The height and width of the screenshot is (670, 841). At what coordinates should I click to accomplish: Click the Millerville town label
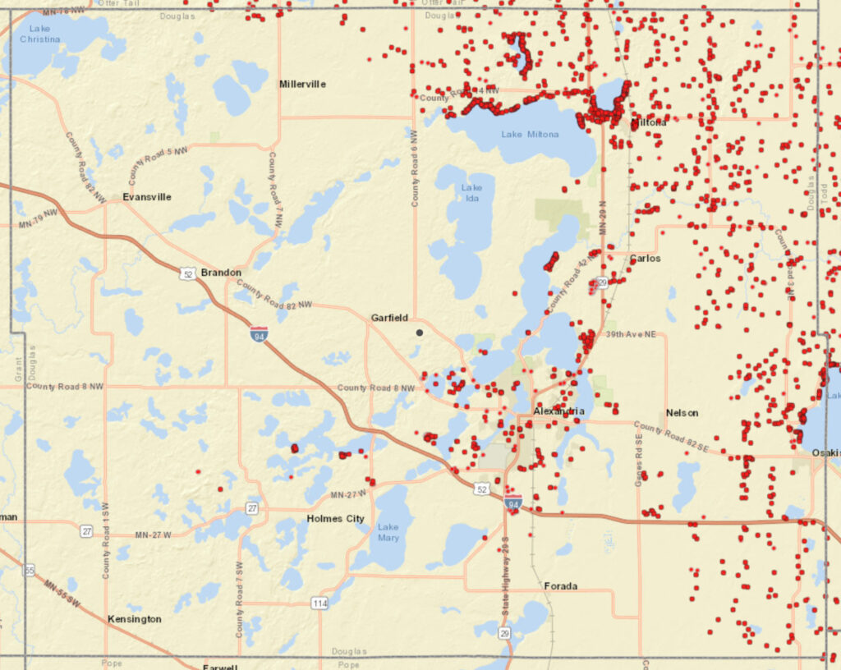(x=302, y=84)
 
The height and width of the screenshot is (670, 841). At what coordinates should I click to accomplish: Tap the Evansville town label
(x=147, y=197)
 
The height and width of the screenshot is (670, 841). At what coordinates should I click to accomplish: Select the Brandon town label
(x=221, y=273)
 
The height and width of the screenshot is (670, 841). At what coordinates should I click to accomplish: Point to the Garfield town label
(x=389, y=318)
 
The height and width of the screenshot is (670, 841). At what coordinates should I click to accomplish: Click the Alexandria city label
(x=558, y=411)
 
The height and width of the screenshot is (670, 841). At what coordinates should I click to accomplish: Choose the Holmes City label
(x=335, y=519)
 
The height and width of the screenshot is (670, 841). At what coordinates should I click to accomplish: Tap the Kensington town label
(x=135, y=619)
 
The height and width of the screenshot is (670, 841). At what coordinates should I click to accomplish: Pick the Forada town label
(x=560, y=586)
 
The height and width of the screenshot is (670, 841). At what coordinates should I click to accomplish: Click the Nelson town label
(x=682, y=413)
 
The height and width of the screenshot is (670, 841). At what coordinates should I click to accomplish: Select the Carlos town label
(x=646, y=258)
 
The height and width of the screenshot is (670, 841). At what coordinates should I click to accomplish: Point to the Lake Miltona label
(x=530, y=134)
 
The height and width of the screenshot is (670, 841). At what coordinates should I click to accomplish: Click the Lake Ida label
(x=472, y=193)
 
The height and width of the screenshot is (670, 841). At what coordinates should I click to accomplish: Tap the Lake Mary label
(x=388, y=533)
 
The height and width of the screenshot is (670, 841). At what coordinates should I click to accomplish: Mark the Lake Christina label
(x=39, y=34)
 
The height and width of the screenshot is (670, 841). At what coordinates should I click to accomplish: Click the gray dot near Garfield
(x=420, y=333)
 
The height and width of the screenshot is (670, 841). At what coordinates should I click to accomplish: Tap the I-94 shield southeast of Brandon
(x=259, y=333)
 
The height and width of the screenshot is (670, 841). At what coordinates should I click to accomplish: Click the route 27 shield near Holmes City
(x=252, y=508)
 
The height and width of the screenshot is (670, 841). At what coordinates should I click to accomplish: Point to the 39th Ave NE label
(x=632, y=334)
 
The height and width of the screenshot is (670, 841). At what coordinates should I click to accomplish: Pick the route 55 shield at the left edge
(x=30, y=570)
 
